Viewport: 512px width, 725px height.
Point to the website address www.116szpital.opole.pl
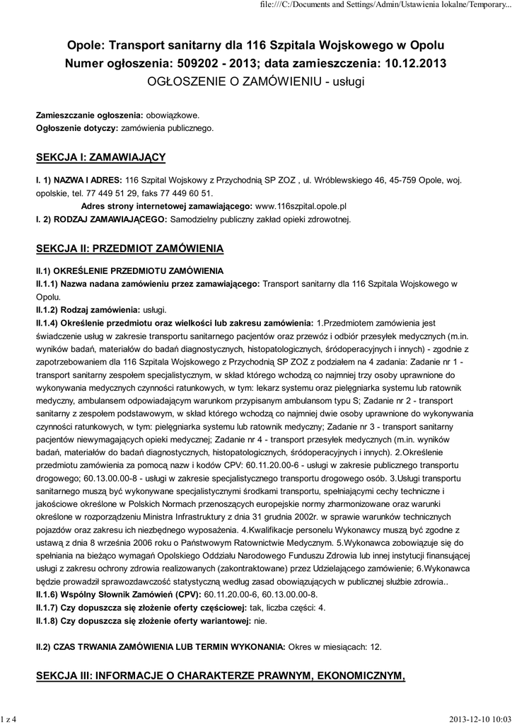300,206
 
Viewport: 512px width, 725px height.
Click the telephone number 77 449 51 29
107,193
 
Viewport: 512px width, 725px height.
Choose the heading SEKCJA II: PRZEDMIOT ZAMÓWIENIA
129,249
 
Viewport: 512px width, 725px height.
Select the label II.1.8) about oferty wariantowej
144,621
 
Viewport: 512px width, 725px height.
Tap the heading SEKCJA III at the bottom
221,677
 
